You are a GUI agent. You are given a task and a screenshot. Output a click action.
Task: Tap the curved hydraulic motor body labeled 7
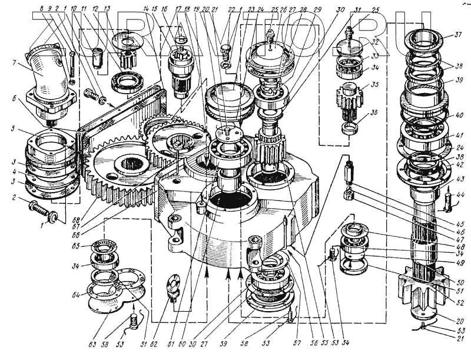[x=48, y=77]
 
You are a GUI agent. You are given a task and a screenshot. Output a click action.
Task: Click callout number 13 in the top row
[x=107, y=9]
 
